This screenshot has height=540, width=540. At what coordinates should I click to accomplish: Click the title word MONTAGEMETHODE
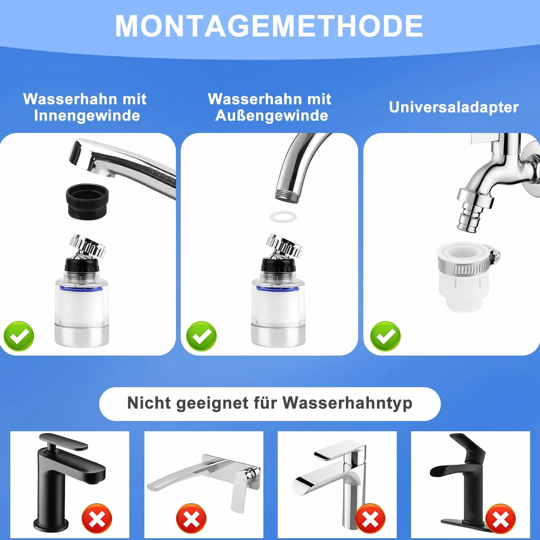coord(269,26)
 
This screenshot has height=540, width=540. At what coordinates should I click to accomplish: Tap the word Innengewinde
coord(87,116)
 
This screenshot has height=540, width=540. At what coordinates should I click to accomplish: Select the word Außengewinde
coord(271,116)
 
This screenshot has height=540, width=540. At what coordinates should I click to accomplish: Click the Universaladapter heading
coord(454,107)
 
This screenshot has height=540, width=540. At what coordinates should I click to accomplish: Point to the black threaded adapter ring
coord(87,201)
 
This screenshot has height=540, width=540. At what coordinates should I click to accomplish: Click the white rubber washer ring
coord(283,217)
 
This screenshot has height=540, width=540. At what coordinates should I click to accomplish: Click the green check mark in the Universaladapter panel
coord(385,336)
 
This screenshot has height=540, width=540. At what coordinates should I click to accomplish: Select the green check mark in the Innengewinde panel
coord(19,336)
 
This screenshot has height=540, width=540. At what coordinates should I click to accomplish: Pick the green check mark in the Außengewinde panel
coord(201,336)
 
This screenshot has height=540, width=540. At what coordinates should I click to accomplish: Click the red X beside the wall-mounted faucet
coord(191,519)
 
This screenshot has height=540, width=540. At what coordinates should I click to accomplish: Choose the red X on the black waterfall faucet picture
coord(500,519)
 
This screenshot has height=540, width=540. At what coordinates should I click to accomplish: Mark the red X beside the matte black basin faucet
coord(97,519)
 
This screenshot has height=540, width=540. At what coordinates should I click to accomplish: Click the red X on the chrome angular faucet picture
coord(370,519)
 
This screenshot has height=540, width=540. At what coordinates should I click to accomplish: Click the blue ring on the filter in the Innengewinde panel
coord(81,289)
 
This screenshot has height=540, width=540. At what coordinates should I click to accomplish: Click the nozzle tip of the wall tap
coord(467,224)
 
